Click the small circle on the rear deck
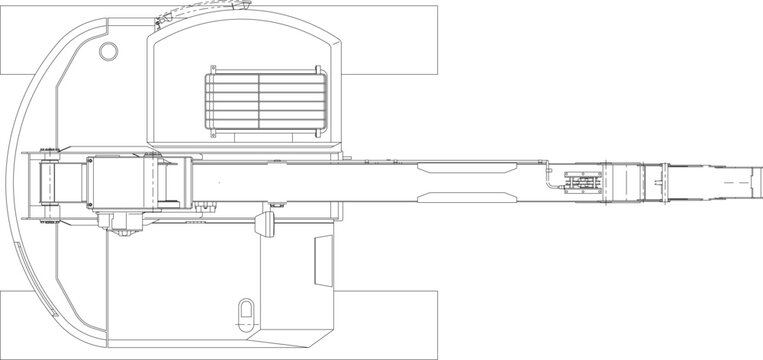106,50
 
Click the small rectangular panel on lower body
323,261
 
